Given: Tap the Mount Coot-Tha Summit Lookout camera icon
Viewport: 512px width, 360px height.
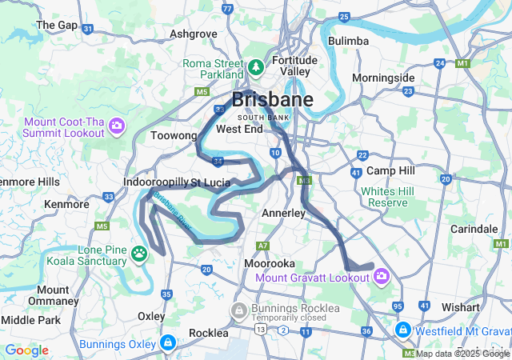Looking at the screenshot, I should coord(117,126).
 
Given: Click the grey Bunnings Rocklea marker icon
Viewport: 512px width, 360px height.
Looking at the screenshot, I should coord(238,310).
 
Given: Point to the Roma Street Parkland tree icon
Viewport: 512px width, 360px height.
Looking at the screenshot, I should coord(257,67).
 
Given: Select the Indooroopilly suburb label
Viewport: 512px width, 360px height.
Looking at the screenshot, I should coord(154,183).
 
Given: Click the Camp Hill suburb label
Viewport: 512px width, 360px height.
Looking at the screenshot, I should coord(390,170).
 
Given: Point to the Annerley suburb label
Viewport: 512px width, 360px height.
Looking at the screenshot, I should coord(284,214).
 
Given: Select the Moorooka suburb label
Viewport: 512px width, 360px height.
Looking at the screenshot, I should coord(270,263).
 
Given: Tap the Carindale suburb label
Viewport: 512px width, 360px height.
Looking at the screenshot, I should coord(474,229).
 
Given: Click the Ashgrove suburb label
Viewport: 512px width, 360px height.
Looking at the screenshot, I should coord(193,34).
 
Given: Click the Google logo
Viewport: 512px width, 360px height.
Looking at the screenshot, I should coord(26,350).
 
